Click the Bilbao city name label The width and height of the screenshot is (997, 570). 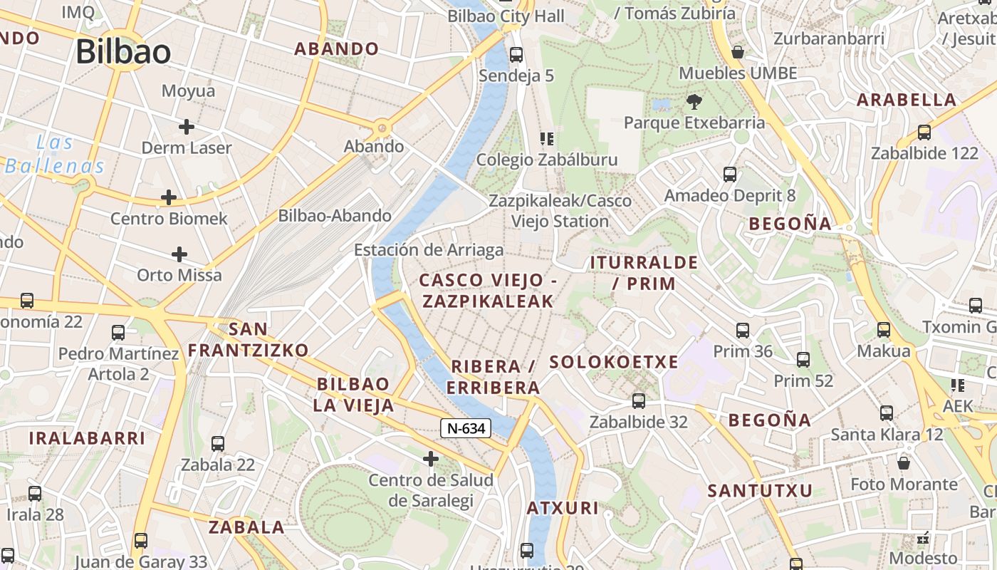pos(123,52)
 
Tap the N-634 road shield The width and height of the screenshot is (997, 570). pos(466,428)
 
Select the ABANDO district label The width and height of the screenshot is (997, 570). pos(337,49)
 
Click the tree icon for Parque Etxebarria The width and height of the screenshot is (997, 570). pos(694,102)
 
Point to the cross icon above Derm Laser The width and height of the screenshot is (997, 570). pos(187,127)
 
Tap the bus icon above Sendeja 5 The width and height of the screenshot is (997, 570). pos(516,54)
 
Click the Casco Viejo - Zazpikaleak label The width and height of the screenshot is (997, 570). pos(488,291)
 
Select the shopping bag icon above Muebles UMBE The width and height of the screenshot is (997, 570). pos(738,52)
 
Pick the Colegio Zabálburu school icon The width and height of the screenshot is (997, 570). pos(546,138)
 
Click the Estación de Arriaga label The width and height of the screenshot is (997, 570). pos(429,250)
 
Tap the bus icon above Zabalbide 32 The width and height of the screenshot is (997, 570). pos(639,400)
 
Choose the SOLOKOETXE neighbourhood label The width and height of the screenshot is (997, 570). pos(614,362)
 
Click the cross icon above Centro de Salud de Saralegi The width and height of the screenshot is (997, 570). pos(431,459)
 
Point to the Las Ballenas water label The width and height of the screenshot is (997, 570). pos(56,155)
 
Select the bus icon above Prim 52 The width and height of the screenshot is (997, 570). pos(803,360)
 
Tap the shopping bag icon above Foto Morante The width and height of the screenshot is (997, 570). pos(904,463)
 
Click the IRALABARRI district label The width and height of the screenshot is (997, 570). pos(88,438)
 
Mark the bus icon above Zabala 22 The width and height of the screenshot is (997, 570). pos(218,443)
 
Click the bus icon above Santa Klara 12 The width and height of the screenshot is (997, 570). pos(887,413)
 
